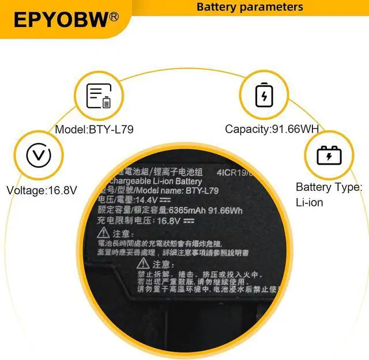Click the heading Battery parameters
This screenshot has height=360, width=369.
pos(250,7)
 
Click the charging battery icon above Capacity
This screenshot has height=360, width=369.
pos(264,94)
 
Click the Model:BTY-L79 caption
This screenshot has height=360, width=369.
pos(94,130)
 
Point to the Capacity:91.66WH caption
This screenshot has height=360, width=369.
pos(272,130)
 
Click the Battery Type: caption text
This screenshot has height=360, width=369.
pos(329,187)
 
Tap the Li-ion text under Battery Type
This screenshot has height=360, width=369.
pos(309,203)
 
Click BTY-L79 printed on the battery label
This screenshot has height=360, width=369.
pos(202,190)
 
